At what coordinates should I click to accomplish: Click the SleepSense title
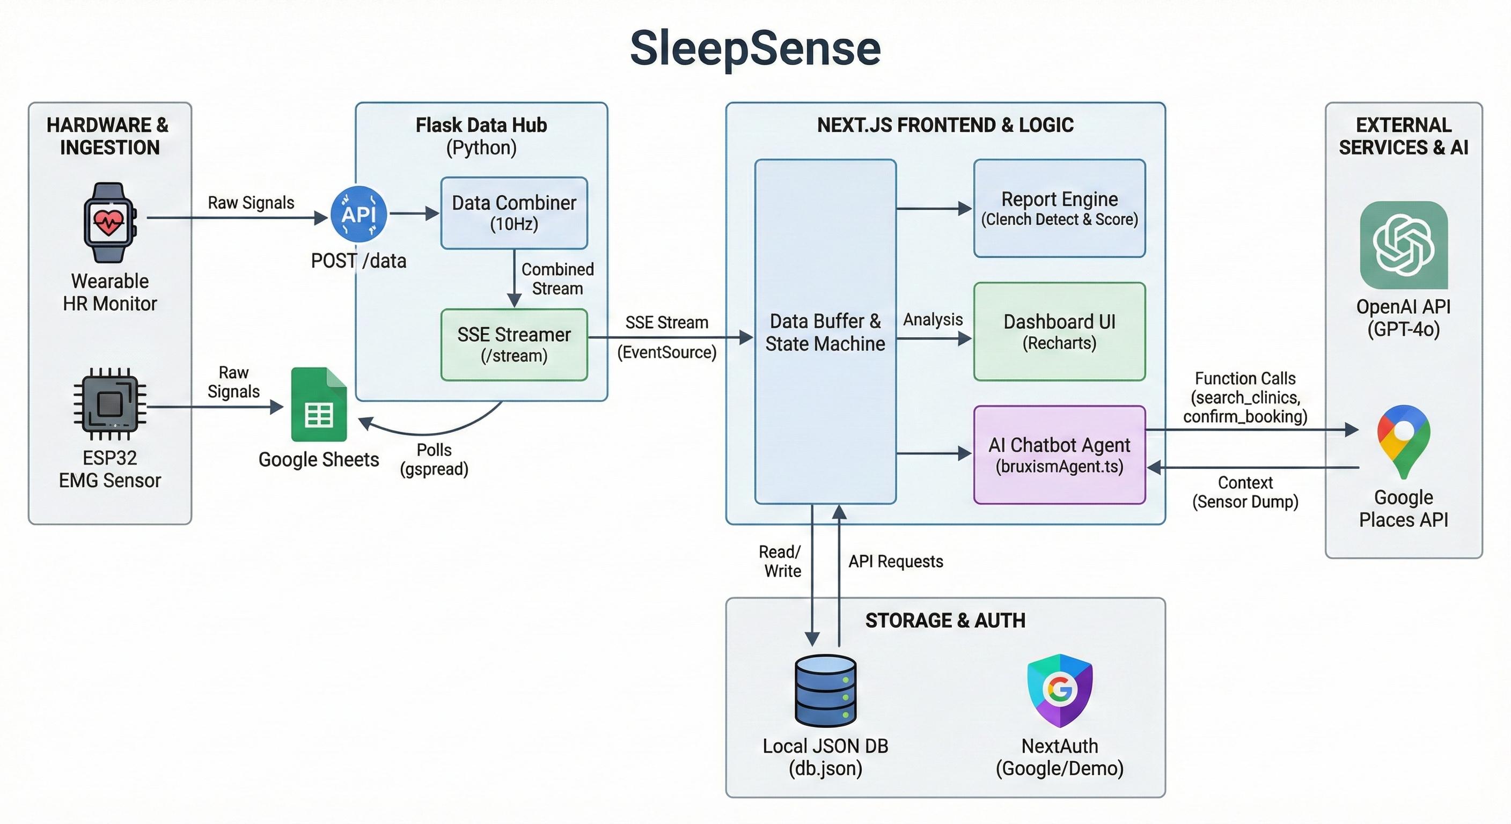pyautogui.click(x=755, y=48)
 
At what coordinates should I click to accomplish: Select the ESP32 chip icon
pyautogui.click(x=109, y=403)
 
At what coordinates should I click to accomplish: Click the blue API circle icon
pyautogui.click(x=358, y=214)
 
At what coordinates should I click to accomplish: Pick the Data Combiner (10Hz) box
pyautogui.click(x=514, y=213)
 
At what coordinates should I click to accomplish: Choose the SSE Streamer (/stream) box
pyautogui.click(x=514, y=345)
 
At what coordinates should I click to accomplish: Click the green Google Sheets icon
pyautogui.click(x=319, y=404)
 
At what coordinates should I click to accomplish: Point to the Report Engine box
pyautogui.click(x=1059, y=208)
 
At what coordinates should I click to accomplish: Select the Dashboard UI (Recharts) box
pyautogui.click(x=1059, y=332)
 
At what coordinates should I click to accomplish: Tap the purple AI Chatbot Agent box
pyautogui.click(x=1059, y=454)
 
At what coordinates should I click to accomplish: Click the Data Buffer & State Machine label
pyautogui.click(x=825, y=333)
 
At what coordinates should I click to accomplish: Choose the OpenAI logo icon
pyautogui.click(x=1404, y=245)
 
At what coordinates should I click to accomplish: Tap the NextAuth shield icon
pyautogui.click(x=1059, y=690)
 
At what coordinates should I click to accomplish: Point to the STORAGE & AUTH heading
pyautogui.click(x=945, y=621)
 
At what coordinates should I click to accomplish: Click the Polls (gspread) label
pyautogui.click(x=434, y=459)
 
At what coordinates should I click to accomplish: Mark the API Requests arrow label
pyautogui.click(x=896, y=561)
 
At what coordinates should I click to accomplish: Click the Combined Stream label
pyautogui.click(x=558, y=278)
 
